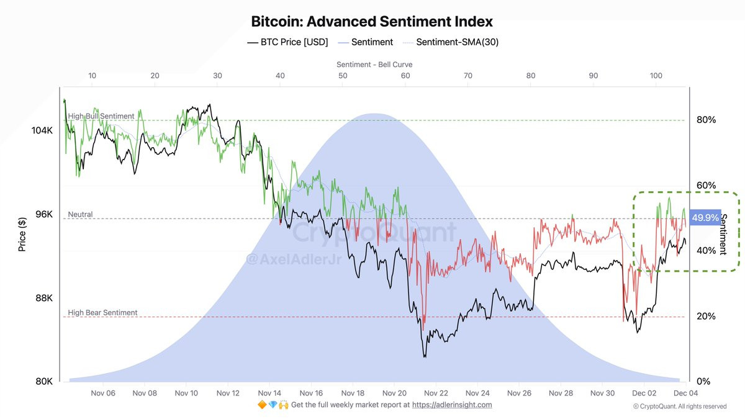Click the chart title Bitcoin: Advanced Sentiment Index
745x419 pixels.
pyautogui.click(x=372, y=21)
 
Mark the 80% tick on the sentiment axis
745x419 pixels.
pyautogui.click(x=706, y=120)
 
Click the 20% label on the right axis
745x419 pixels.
pyautogui.click(x=706, y=316)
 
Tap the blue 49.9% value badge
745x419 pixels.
pyautogui.click(x=705, y=218)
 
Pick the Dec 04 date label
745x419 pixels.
pyautogui.click(x=685, y=393)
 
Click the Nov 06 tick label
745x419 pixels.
pyautogui.click(x=103, y=393)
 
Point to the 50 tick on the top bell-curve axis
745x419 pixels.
pyautogui.click(x=343, y=76)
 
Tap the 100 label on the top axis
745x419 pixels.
pyautogui.click(x=656, y=76)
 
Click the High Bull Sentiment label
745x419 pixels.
pyautogui.click(x=101, y=116)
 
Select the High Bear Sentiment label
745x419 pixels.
pyautogui.click(x=102, y=313)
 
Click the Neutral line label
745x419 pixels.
pyautogui.click(x=80, y=214)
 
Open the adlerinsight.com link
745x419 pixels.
pyautogui.click(x=452, y=405)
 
